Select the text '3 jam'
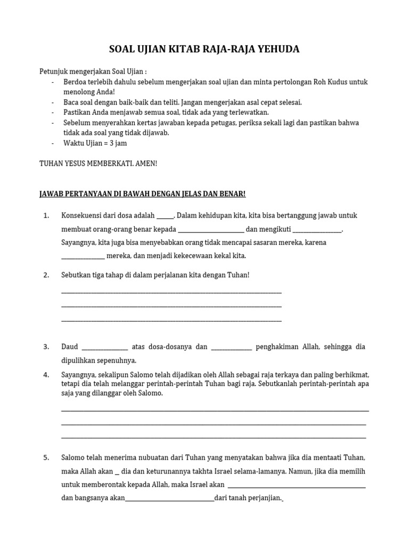[118, 143]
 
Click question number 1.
[46, 216]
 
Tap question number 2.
[46, 275]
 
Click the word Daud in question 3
[70, 347]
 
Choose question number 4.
[46, 375]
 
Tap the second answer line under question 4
[214, 424]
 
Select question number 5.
[46, 457]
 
